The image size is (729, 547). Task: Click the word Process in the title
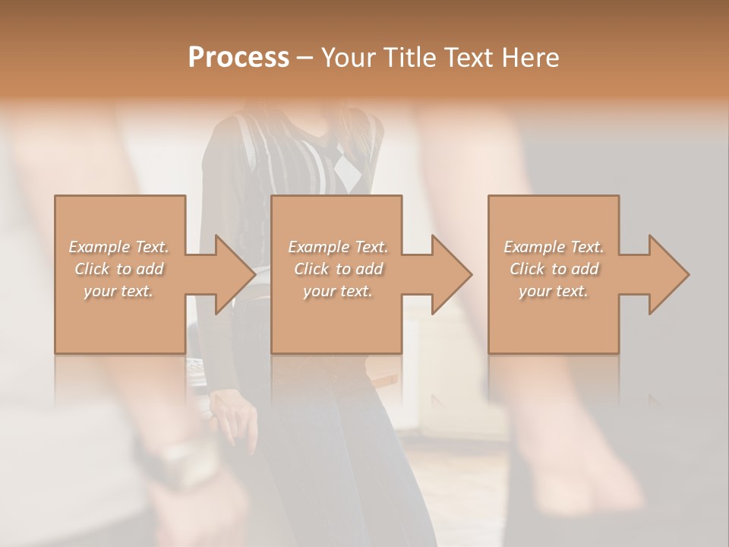tap(238, 58)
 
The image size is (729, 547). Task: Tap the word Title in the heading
tap(409, 58)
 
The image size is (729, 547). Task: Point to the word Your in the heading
tap(349, 58)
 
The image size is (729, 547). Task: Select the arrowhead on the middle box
tap(447, 274)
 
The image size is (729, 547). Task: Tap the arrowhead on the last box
tap(664, 274)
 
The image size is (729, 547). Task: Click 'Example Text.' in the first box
tap(119, 247)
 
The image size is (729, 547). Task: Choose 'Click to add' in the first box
tap(119, 269)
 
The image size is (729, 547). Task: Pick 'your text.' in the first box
tap(119, 291)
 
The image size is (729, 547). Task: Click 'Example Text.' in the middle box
tap(338, 247)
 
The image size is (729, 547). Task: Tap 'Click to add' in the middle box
tap(338, 269)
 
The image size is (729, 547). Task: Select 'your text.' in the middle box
tap(338, 291)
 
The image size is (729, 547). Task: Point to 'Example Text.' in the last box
tap(554, 247)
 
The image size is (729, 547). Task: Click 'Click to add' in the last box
tap(554, 269)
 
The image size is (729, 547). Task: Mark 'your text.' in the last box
tap(554, 291)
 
